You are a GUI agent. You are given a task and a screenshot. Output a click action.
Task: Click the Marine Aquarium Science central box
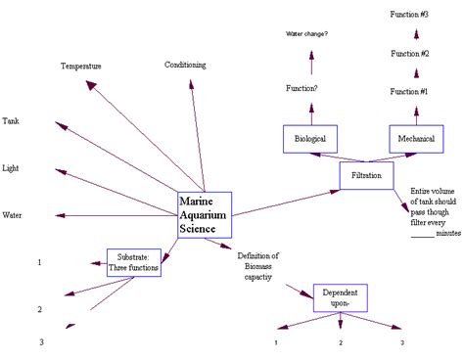204,214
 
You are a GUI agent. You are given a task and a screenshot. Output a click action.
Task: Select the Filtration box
368,175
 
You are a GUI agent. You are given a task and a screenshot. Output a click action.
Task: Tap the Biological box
309,139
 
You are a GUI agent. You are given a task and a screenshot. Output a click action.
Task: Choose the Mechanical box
416,139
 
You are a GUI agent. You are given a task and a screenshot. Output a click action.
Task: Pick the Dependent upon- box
340,297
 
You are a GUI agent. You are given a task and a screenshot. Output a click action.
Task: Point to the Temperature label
81,66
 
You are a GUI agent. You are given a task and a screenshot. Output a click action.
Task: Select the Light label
11,167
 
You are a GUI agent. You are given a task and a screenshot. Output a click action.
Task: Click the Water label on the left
13,214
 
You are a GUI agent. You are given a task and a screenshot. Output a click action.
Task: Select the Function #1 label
409,91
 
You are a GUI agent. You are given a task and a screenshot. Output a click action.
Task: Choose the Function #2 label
409,53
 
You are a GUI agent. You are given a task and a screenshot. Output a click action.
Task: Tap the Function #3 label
409,15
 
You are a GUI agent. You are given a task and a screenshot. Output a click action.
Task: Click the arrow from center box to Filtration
284,196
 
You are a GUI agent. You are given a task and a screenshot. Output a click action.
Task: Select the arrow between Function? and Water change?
311,63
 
